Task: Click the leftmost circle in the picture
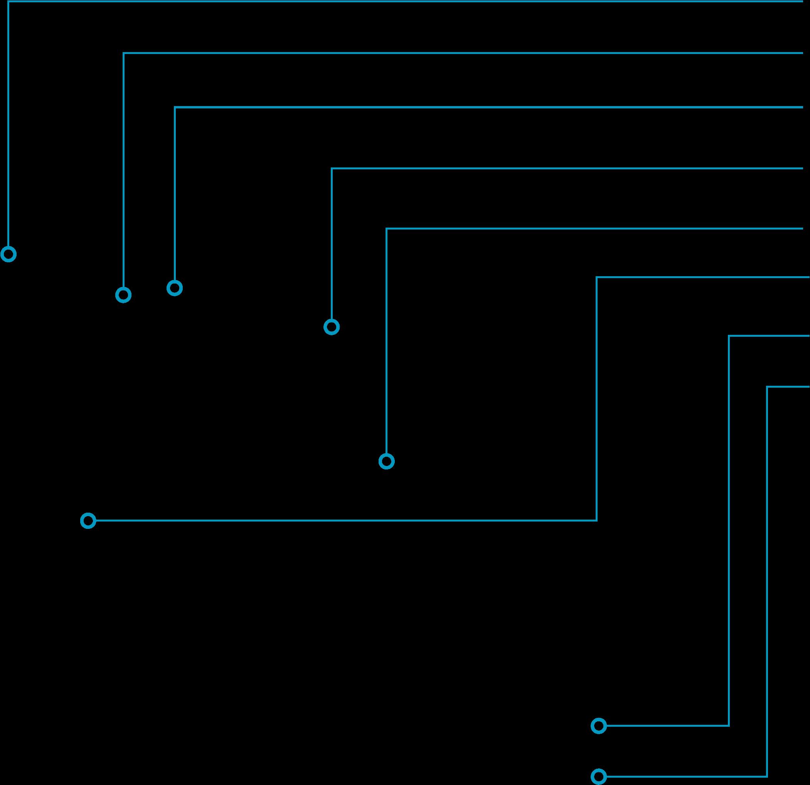[x=8, y=254]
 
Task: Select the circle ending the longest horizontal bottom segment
[x=88, y=521]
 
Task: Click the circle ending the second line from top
[x=123, y=295]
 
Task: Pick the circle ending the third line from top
[x=174, y=287]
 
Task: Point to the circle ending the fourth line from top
[x=332, y=327]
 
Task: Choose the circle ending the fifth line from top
[x=386, y=461]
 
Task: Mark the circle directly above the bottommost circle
[x=599, y=726]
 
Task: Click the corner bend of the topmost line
[x=8, y=2]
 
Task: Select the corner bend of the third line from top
[x=175, y=108]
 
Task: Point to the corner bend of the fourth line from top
[x=332, y=168]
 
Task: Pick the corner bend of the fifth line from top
[x=386, y=228]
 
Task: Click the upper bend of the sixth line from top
[x=597, y=277]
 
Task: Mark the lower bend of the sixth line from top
[x=597, y=520]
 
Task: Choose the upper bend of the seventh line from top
[x=729, y=336]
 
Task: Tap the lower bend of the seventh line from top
[x=729, y=726]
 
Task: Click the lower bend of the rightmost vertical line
[x=767, y=776]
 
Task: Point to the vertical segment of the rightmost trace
[x=767, y=579]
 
